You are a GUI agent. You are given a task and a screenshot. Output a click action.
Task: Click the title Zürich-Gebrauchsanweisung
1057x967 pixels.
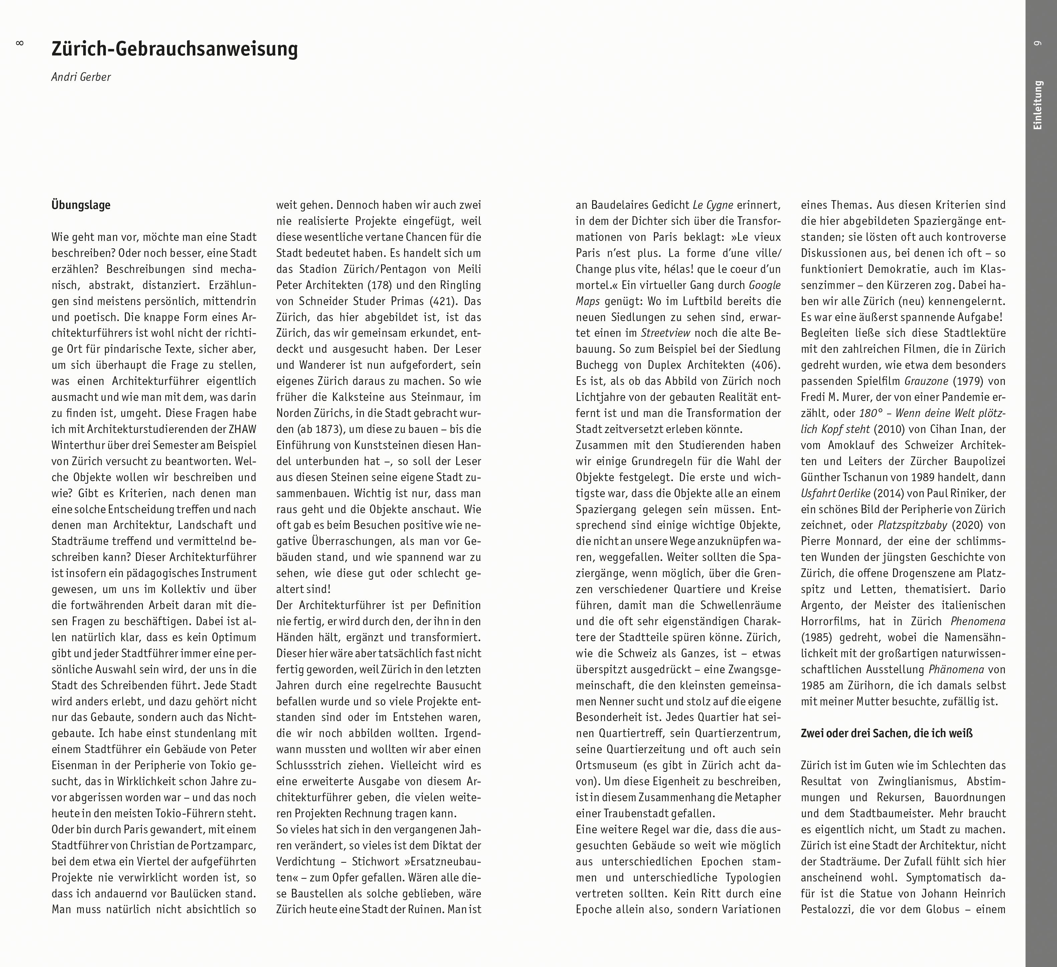[175, 49]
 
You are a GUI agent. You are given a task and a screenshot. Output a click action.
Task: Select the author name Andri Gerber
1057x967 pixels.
[81, 77]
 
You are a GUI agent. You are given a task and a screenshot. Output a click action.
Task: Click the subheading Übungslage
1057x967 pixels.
[81, 205]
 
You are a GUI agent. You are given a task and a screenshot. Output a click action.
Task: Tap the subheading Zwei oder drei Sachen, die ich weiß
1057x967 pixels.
[887, 733]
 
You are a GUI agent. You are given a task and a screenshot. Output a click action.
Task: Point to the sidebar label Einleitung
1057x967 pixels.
[1038, 105]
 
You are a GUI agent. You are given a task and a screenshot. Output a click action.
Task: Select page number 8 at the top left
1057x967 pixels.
[20, 43]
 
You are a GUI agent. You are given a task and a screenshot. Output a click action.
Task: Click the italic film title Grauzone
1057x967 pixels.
[926, 382]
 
